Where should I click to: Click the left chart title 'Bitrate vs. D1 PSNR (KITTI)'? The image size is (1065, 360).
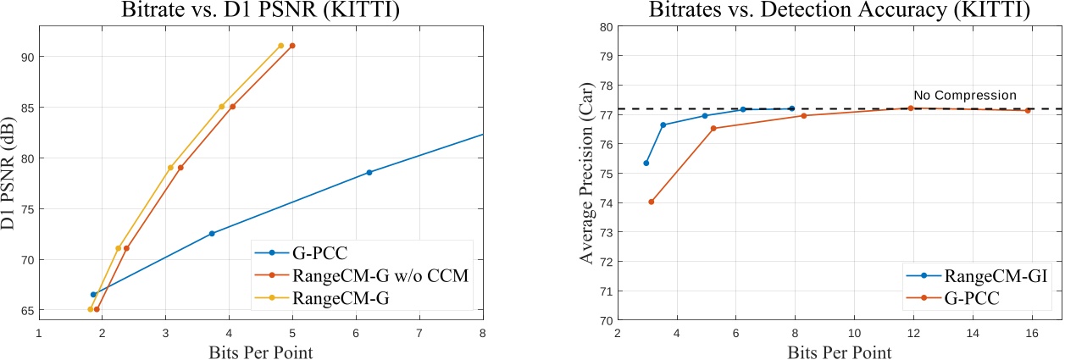pyautogui.click(x=260, y=12)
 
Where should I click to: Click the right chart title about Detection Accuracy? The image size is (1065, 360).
pyautogui.click(x=839, y=12)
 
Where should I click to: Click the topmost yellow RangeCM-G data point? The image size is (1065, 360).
pyautogui.click(x=280, y=46)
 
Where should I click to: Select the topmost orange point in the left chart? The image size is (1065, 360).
pyautogui.click(x=292, y=46)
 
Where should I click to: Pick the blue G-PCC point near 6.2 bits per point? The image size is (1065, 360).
pyautogui.click(x=369, y=172)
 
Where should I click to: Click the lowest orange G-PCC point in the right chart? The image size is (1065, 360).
pyautogui.click(x=651, y=202)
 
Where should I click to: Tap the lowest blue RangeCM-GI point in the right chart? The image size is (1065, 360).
pyautogui.click(x=646, y=163)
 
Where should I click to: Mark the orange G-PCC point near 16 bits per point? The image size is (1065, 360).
pyautogui.click(x=1028, y=110)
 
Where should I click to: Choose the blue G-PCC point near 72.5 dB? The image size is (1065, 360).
pyautogui.click(x=212, y=234)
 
